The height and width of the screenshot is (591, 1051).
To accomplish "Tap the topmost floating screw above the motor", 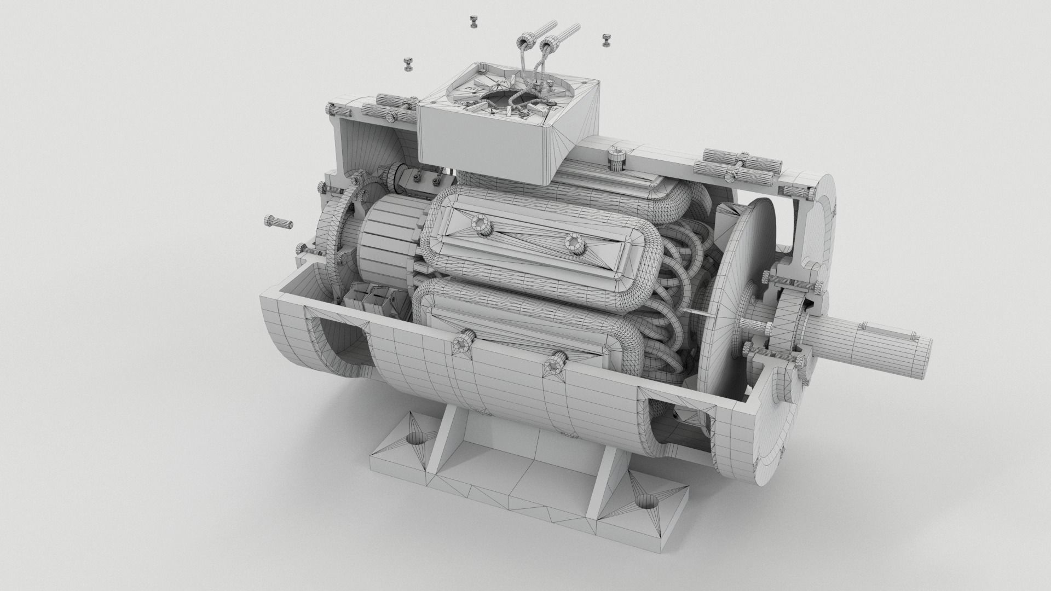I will (473, 22).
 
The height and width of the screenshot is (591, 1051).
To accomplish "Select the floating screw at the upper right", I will (606, 39).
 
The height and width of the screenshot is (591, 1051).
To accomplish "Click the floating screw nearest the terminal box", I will (408, 63).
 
